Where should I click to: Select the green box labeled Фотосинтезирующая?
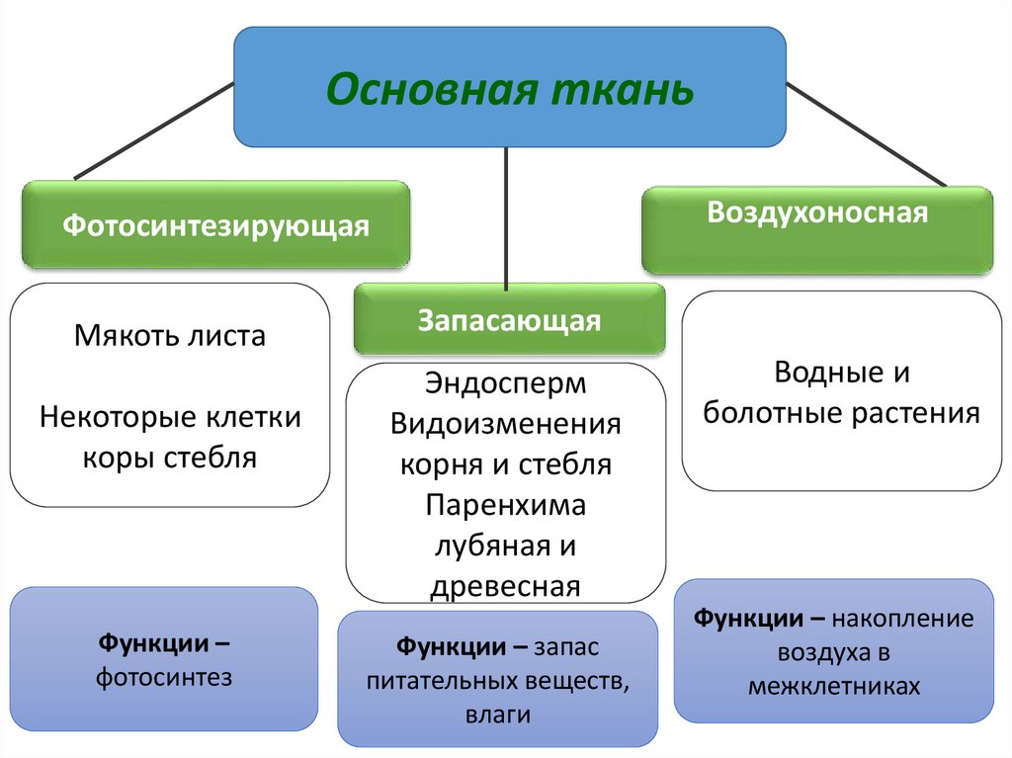pos(215,225)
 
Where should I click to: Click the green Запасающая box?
pos(509,320)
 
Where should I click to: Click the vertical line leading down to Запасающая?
pos(506,217)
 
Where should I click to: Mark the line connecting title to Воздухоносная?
pos(866,133)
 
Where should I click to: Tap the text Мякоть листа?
pos(169,336)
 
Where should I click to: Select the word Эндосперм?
pos(506,383)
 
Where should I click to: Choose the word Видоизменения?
pos(506,424)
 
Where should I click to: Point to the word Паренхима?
pos(506,505)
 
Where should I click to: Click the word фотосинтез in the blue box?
pos(164,678)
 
